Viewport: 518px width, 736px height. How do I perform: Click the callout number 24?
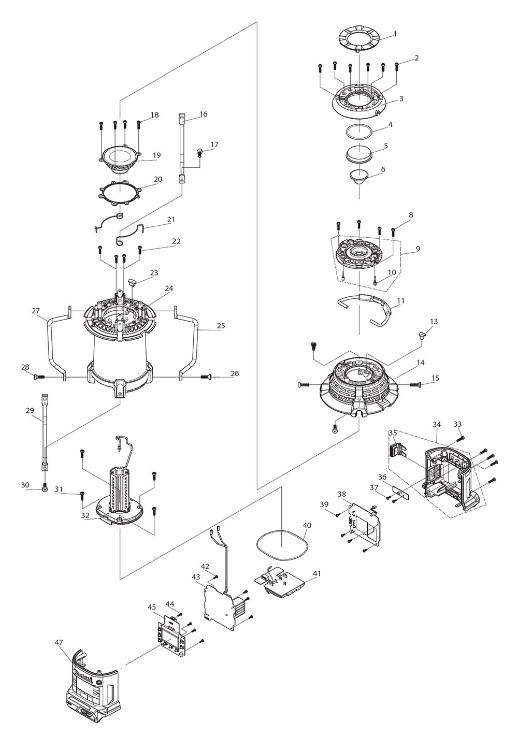point(169,288)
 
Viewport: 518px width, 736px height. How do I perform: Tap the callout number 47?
point(59,642)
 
